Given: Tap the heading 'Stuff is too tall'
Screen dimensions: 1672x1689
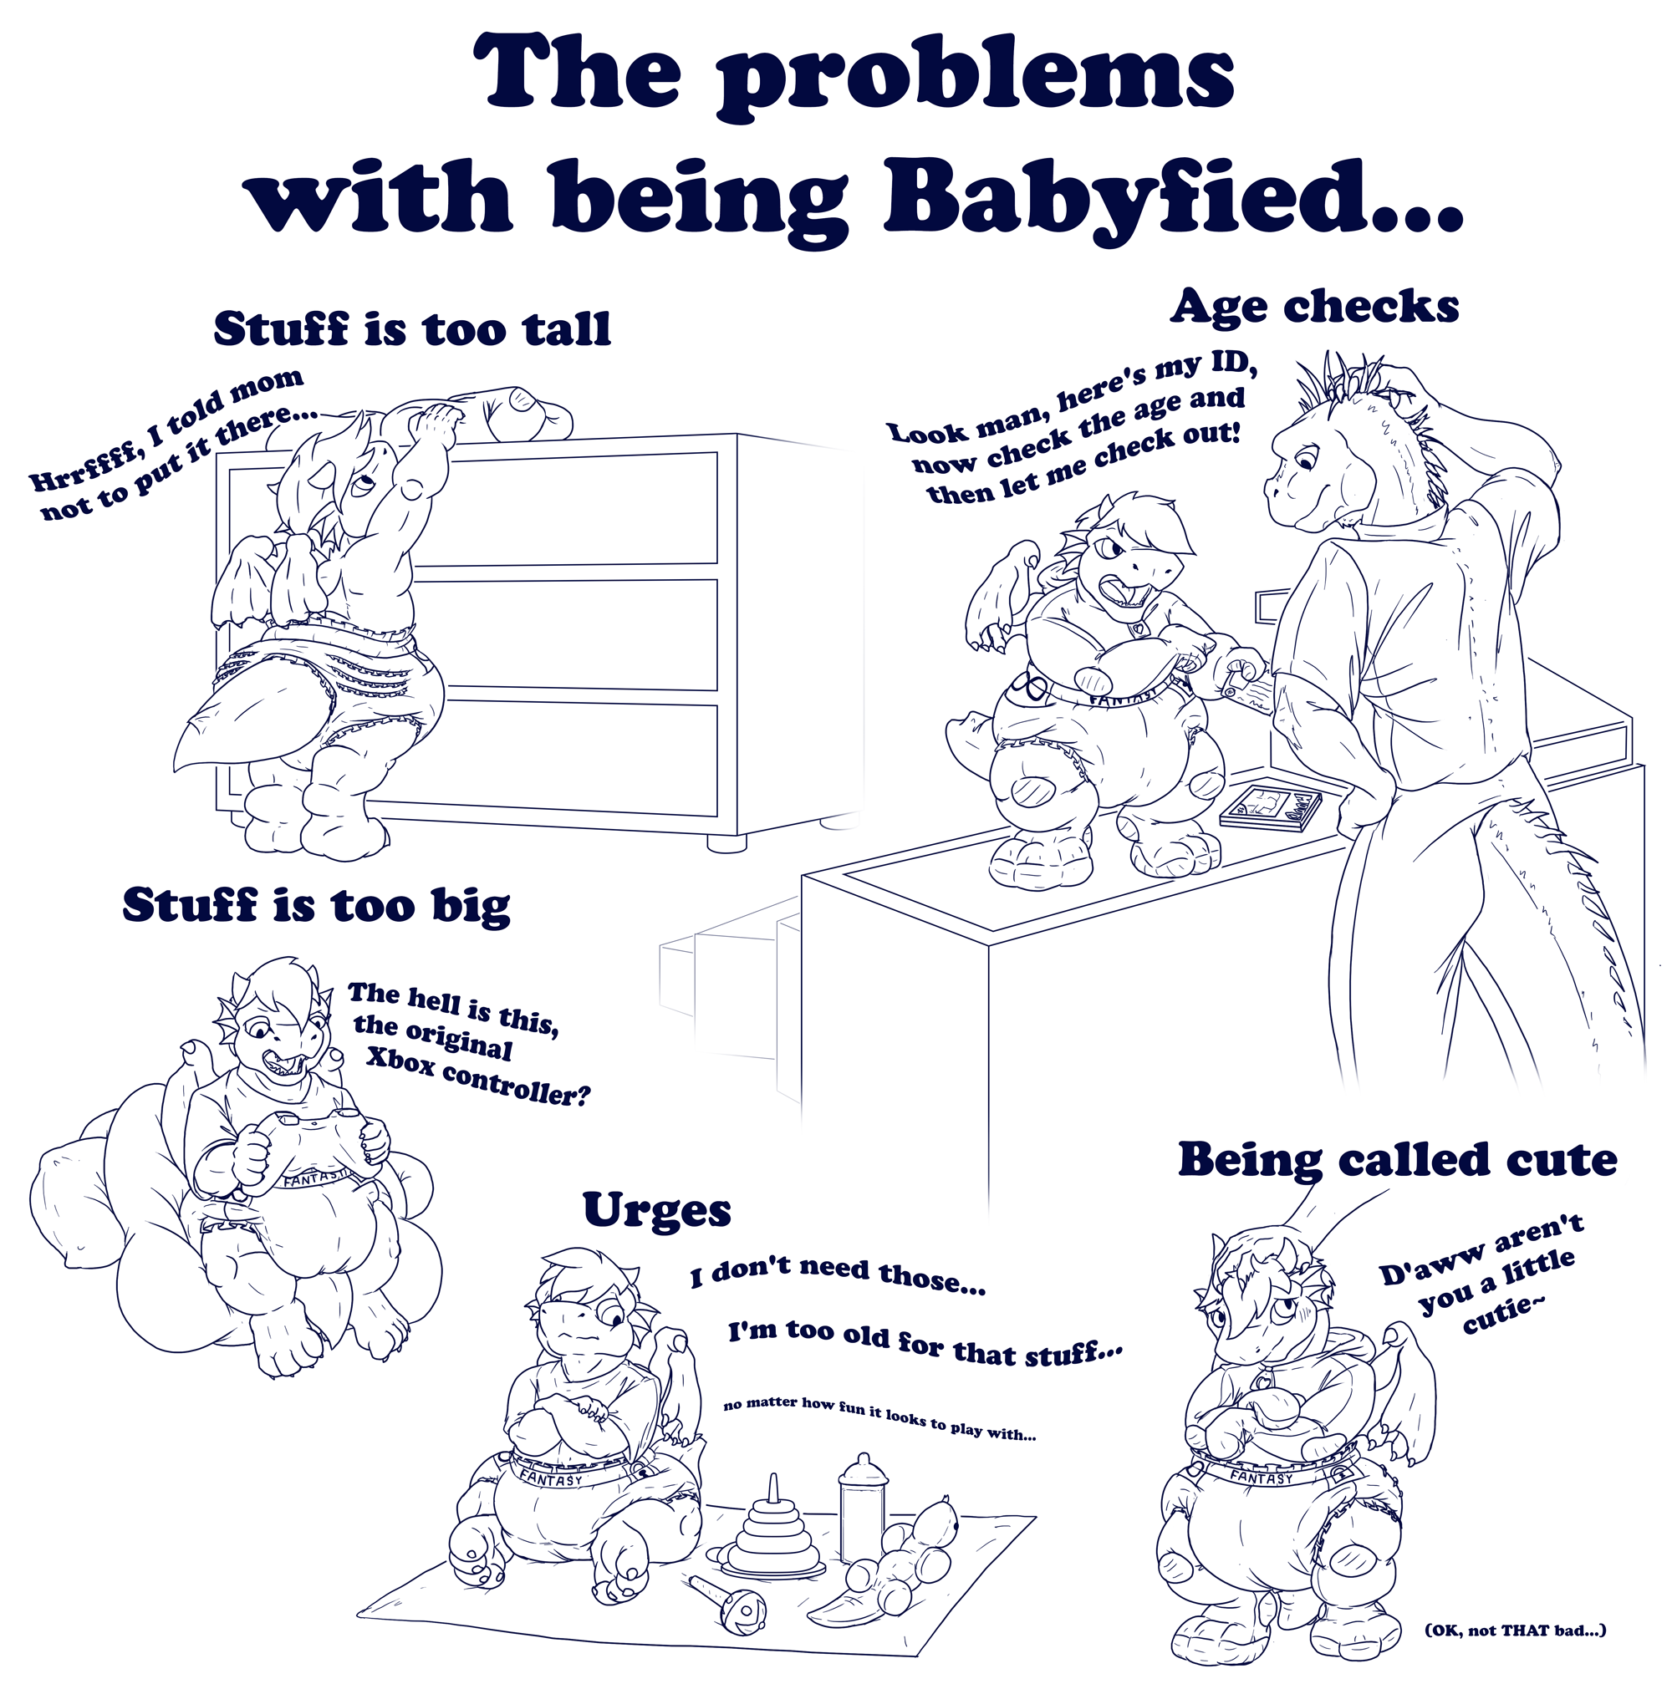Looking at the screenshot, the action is [412, 328].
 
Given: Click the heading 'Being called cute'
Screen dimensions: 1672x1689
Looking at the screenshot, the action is [1398, 1161].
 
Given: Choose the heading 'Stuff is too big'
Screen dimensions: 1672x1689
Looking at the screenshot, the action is [317, 906].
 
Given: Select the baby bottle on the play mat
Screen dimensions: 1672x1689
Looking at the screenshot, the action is [863, 1500].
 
